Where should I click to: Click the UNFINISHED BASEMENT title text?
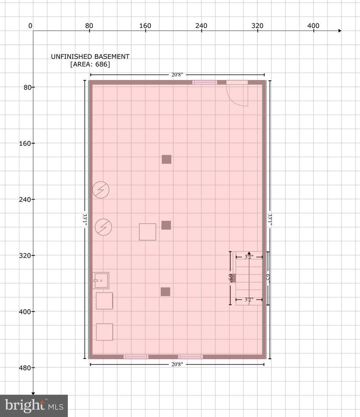tap(90, 56)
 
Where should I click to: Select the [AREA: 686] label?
tap(90, 64)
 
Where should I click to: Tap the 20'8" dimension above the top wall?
tap(177, 75)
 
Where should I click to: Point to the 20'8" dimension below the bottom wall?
tap(177, 364)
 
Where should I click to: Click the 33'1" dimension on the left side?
tap(85, 220)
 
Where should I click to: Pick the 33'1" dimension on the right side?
tap(270, 220)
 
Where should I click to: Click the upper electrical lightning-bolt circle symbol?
tap(101, 190)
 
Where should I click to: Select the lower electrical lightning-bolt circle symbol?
tap(103, 227)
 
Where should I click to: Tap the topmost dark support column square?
tap(167, 159)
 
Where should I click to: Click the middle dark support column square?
tap(166, 225)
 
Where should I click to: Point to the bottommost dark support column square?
tap(165, 292)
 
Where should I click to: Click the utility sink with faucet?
tap(101, 280)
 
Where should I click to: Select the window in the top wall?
tap(205, 83)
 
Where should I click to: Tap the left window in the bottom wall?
tap(136, 357)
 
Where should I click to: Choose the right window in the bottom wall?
tap(191, 357)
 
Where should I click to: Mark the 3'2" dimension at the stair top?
tap(249, 257)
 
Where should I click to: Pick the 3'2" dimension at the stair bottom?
tap(249, 300)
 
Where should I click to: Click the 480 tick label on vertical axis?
tap(25, 368)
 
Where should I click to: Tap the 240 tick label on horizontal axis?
tap(201, 26)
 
